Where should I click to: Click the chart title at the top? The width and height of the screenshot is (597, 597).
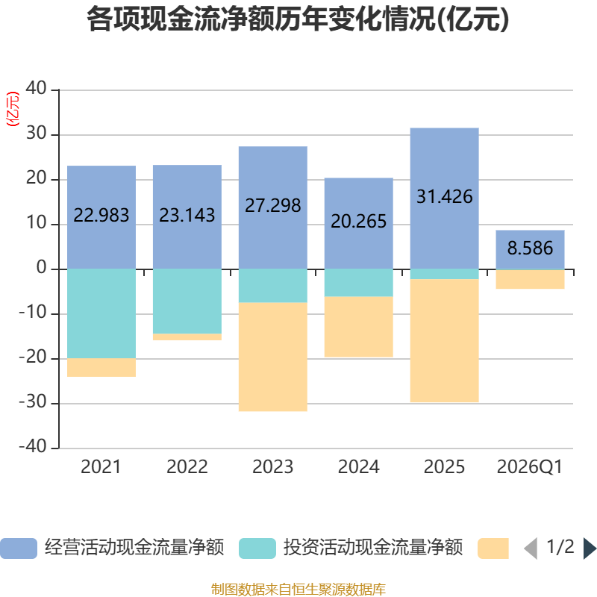[x=298, y=19]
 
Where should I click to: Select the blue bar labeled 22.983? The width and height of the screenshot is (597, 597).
[x=101, y=217]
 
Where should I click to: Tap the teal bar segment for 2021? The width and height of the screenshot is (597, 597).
[x=101, y=313]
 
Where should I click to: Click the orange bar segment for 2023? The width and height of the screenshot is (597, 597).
[x=273, y=357]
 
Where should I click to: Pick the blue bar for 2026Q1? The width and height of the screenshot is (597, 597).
[x=530, y=250]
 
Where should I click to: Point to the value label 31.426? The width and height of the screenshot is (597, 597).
[x=444, y=197]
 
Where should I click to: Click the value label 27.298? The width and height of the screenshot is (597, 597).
[x=273, y=206]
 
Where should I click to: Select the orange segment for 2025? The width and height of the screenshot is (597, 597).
[x=444, y=340]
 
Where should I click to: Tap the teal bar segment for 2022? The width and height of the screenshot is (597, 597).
[x=187, y=301]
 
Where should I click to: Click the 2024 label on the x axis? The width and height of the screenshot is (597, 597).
[x=359, y=467]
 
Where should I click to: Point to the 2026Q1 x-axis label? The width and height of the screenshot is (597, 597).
[x=530, y=467]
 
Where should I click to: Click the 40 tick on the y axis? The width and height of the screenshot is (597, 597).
[x=36, y=88]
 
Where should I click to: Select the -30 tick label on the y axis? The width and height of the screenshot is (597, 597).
[x=33, y=401]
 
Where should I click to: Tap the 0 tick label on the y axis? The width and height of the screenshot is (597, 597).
[x=42, y=267]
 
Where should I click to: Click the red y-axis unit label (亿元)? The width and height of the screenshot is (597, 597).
[x=13, y=109]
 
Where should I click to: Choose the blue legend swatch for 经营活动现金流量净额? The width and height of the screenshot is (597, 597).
[x=19, y=548]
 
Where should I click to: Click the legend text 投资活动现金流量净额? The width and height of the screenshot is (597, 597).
[x=373, y=548]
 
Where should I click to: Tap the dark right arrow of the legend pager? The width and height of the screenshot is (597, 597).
[x=590, y=548]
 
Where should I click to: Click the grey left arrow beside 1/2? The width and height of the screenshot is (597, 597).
[x=531, y=548]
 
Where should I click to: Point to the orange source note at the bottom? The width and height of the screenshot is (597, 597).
[x=298, y=590]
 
